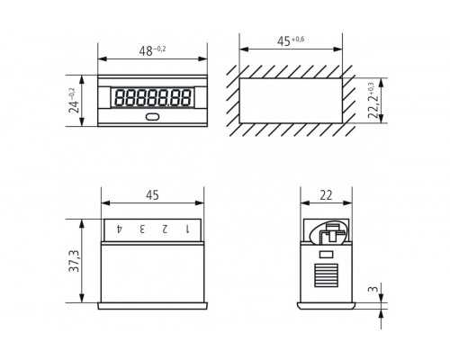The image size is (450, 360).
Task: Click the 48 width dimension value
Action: [x=146, y=51]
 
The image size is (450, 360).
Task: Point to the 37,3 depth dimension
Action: [x=74, y=261]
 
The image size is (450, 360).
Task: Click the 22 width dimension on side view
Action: [x=326, y=195]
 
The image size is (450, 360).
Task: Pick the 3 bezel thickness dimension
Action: [x=373, y=289]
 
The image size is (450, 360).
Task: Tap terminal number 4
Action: [x=120, y=229]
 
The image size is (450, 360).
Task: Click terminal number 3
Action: [x=142, y=229]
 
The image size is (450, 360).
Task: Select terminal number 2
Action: [x=165, y=229]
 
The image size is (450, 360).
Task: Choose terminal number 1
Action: [x=187, y=229]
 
